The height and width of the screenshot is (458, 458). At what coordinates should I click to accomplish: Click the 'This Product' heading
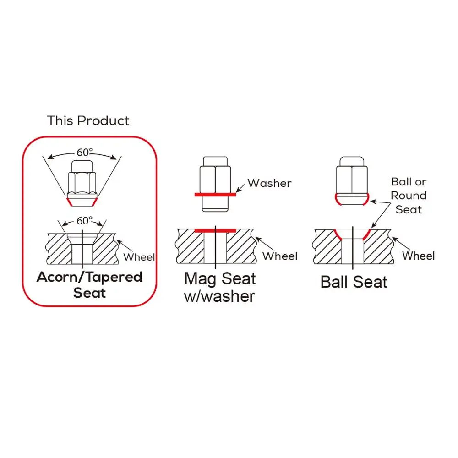(88, 120)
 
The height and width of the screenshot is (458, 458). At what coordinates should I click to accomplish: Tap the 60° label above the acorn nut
(85, 152)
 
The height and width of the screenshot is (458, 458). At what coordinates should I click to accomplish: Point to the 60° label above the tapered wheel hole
(84, 221)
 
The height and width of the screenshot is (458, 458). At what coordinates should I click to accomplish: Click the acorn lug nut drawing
(82, 183)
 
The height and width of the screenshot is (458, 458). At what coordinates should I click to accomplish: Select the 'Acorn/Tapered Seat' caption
(89, 284)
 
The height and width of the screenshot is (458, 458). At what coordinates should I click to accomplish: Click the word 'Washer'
(269, 183)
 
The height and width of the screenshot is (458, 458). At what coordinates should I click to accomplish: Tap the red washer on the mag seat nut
(215, 195)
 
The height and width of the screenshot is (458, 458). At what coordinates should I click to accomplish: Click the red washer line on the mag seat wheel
(215, 231)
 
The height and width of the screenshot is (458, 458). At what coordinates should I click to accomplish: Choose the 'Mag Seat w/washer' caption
(220, 288)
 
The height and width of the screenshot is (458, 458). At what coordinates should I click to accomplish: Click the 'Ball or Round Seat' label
(409, 196)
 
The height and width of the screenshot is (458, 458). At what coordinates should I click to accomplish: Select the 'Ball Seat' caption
(354, 282)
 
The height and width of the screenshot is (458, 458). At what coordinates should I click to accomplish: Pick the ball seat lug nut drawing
(352, 181)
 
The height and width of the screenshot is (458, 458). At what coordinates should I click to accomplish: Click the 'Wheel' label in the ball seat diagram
(418, 256)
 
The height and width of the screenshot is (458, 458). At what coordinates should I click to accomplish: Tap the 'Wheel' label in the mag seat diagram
(280, 256)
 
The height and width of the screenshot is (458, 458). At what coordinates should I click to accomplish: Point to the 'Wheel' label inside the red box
(139, 257)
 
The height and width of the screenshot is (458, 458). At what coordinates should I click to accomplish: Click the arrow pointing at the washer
(240, 188)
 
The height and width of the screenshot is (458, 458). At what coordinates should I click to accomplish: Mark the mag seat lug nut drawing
(215, 184)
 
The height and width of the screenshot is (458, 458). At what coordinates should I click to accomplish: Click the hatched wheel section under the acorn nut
(59, 249)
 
